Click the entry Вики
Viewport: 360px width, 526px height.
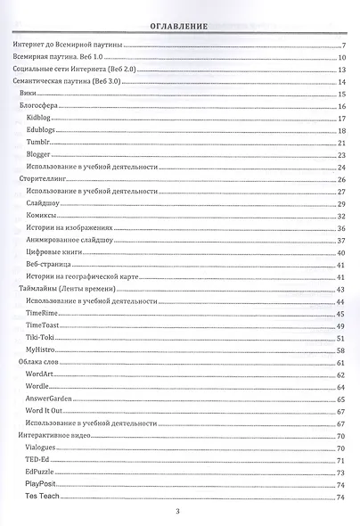coord(29,94)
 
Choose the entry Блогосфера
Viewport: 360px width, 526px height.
coord(38,106)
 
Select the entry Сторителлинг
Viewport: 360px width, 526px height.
coord(43,179)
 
